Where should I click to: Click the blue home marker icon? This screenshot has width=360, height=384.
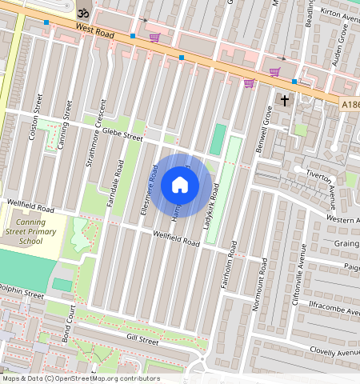180,186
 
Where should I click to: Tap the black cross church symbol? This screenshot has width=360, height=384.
284,100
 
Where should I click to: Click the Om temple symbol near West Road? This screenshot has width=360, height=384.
82,13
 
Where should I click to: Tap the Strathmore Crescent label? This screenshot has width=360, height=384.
95,134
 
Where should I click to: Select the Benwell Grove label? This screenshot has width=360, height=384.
264,119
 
